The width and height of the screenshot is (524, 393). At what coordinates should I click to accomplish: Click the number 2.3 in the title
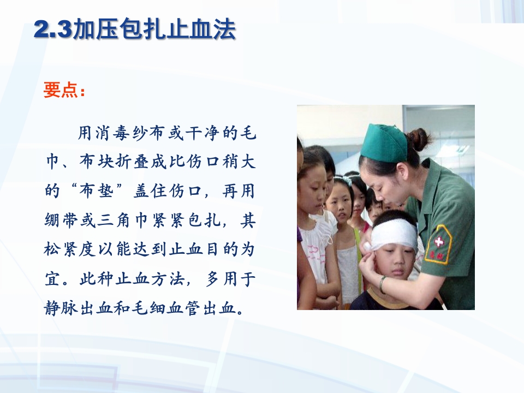coord(52,31)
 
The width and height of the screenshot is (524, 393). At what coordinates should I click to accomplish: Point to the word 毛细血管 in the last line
coord(166,309)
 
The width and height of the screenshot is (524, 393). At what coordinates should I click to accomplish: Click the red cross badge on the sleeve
coord(439,242)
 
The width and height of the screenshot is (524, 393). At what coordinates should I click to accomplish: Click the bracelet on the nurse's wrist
coord(383,284)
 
